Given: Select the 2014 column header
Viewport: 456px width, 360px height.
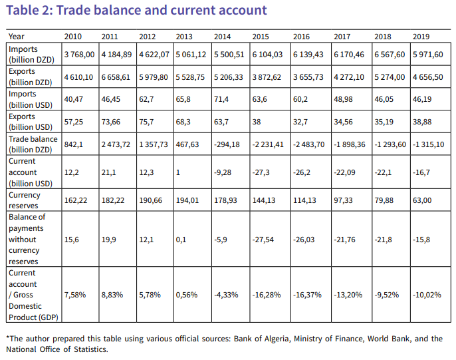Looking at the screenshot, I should (x=223, y=36).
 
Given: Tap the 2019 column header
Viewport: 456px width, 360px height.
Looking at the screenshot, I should (x=421, y=36).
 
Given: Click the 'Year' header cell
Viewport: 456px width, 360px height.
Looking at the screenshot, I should (x=17, y=36).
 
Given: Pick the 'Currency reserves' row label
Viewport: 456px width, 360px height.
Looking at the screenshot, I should (x=25, y=200).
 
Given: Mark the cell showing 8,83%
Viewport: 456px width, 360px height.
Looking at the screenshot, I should (x=112, y=294).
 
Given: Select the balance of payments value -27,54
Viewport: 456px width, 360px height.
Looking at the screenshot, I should (x=265, y=240).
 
